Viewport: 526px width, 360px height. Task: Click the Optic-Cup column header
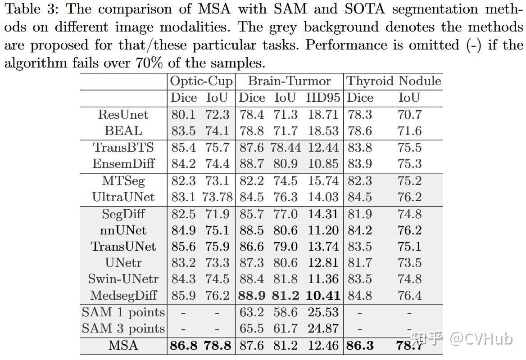[201, 81]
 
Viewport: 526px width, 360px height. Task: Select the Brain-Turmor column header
[289, 81]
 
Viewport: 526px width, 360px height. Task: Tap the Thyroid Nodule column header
[394, 81]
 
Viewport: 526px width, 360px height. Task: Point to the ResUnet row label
[123, 115]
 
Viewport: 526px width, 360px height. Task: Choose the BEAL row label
[123, 131]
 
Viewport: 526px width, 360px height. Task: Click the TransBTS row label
[123, 148]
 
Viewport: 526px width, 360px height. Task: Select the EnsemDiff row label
[123, 164]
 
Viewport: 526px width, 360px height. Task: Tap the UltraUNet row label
[123, 197]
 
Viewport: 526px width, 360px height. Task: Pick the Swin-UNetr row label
[123, 279]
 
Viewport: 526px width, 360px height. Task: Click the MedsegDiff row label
[123, 296]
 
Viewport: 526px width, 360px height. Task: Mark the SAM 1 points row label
[123, 312]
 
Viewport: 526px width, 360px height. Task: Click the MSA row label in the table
[123, 346]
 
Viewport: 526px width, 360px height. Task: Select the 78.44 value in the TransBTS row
[286, 148]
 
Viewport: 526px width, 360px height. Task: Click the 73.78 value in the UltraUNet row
[218, 197]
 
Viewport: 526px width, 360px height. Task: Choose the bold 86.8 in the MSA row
[184, 346]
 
